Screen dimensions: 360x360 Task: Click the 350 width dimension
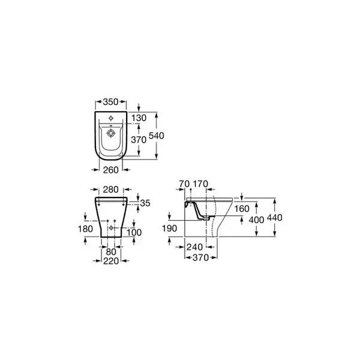[x=110, y=102]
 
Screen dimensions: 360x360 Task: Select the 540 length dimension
[x=157, y=136]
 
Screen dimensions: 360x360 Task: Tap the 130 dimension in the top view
[x=139, y=118]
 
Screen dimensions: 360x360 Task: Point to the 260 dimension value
[x=111, y=170]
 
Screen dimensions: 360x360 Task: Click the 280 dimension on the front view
[x=110, y=190]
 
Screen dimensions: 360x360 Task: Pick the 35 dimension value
[x=145, y=203]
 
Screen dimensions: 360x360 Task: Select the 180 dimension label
[x=85, y=229]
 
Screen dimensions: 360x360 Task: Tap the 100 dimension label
[x=134, y=233]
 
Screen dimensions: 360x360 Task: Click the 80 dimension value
[x=111, y=252]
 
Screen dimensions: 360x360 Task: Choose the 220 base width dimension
[x=111, y=261]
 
